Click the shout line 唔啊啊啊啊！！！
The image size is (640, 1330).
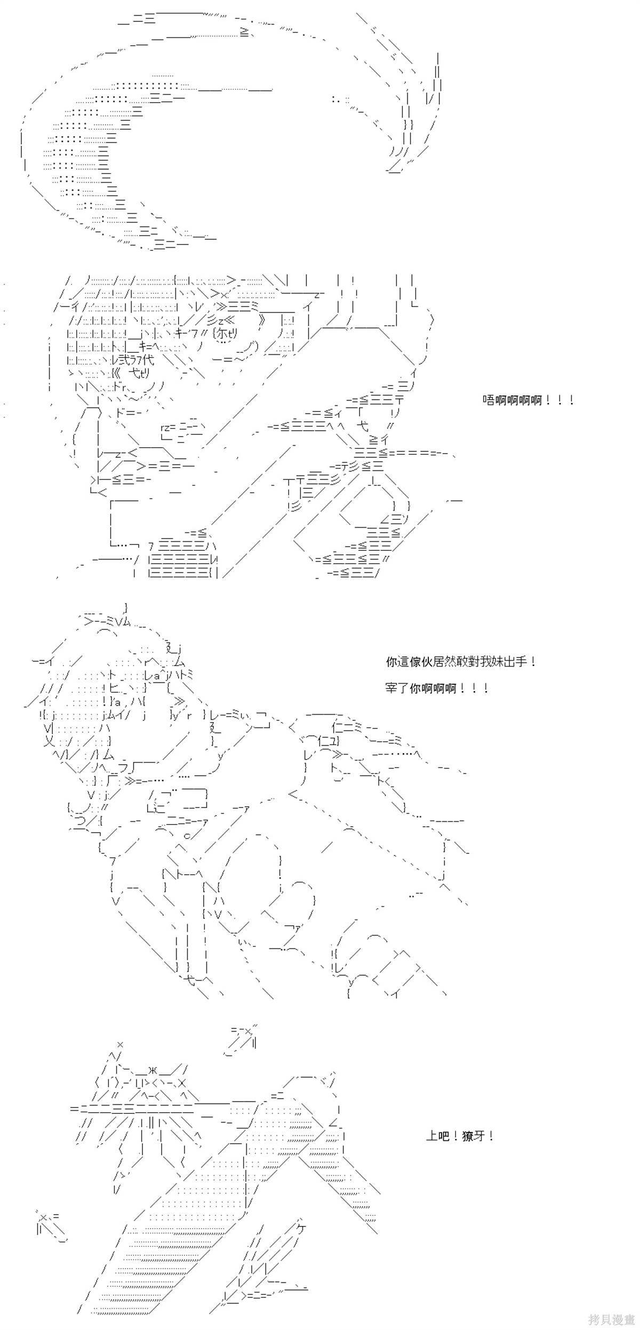(x=528, y=400)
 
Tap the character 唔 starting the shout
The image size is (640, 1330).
(x=489, y=400)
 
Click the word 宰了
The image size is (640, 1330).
(x=397, y=688)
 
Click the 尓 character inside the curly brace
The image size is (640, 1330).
(x=222, y=332)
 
